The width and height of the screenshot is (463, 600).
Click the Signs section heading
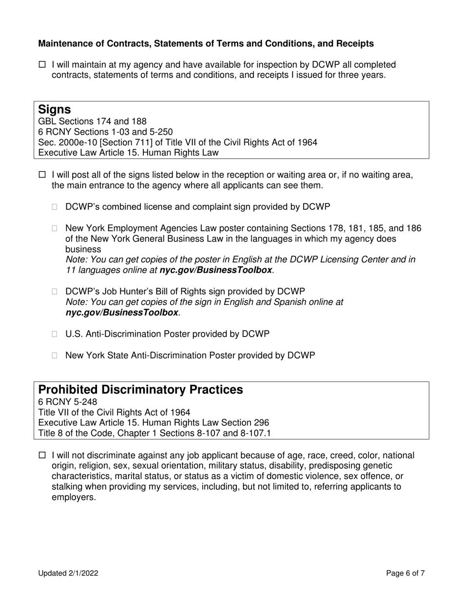tap(54, 110)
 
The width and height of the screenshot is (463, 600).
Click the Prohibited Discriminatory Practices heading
tap(140, 390)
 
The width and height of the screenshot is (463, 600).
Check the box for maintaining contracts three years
tap(42, 65)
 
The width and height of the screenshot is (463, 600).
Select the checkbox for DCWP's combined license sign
tap(55, 207)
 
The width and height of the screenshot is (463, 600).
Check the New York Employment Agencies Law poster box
tap(55, 228)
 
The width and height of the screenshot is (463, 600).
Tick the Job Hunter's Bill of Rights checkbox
tap(55, 292)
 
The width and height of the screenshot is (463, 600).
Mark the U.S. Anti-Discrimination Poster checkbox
tap(55, 334)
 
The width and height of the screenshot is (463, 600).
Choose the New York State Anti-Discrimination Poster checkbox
tap(55, 356)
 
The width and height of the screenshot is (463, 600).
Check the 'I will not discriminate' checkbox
tap(42, 456)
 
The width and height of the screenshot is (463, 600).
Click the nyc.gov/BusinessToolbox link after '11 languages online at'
tap(215, 270)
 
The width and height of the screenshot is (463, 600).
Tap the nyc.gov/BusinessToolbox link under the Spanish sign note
tap(122, 313)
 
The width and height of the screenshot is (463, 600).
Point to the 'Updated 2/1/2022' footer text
tap(68, 574)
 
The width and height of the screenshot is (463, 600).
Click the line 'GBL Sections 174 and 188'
tap(92, 121)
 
